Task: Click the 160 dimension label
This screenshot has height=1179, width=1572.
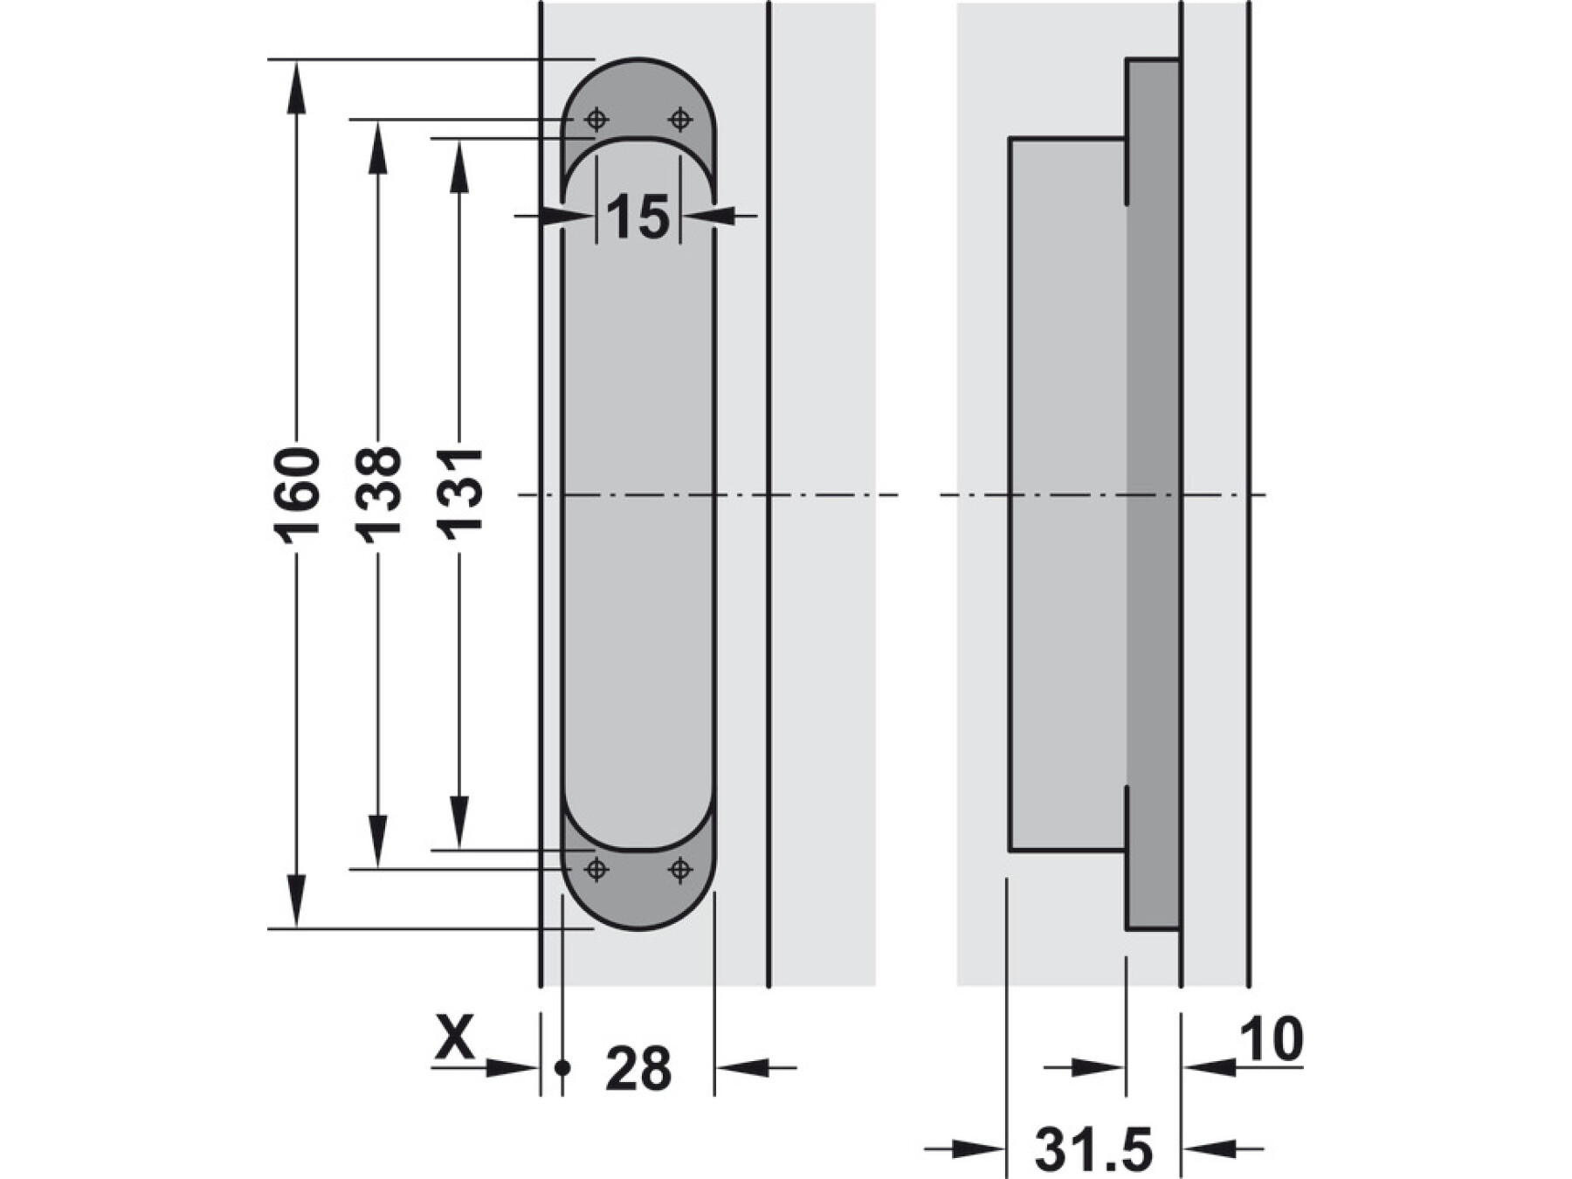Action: pos(297,495)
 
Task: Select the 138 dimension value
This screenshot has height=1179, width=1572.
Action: pos(377,495)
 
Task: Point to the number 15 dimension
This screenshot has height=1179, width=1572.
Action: pos(638,217)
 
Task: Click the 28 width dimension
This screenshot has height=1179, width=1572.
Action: pos(638,1067)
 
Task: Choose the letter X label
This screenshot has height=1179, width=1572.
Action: pos(454,1037)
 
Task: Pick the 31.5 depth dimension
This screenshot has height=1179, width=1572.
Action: pos(1093,1148)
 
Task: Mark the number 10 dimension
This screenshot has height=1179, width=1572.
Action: pos(1272,1038)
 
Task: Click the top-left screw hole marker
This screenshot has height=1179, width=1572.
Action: pos(596,120)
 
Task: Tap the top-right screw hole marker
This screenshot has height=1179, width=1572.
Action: pos(680,120)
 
